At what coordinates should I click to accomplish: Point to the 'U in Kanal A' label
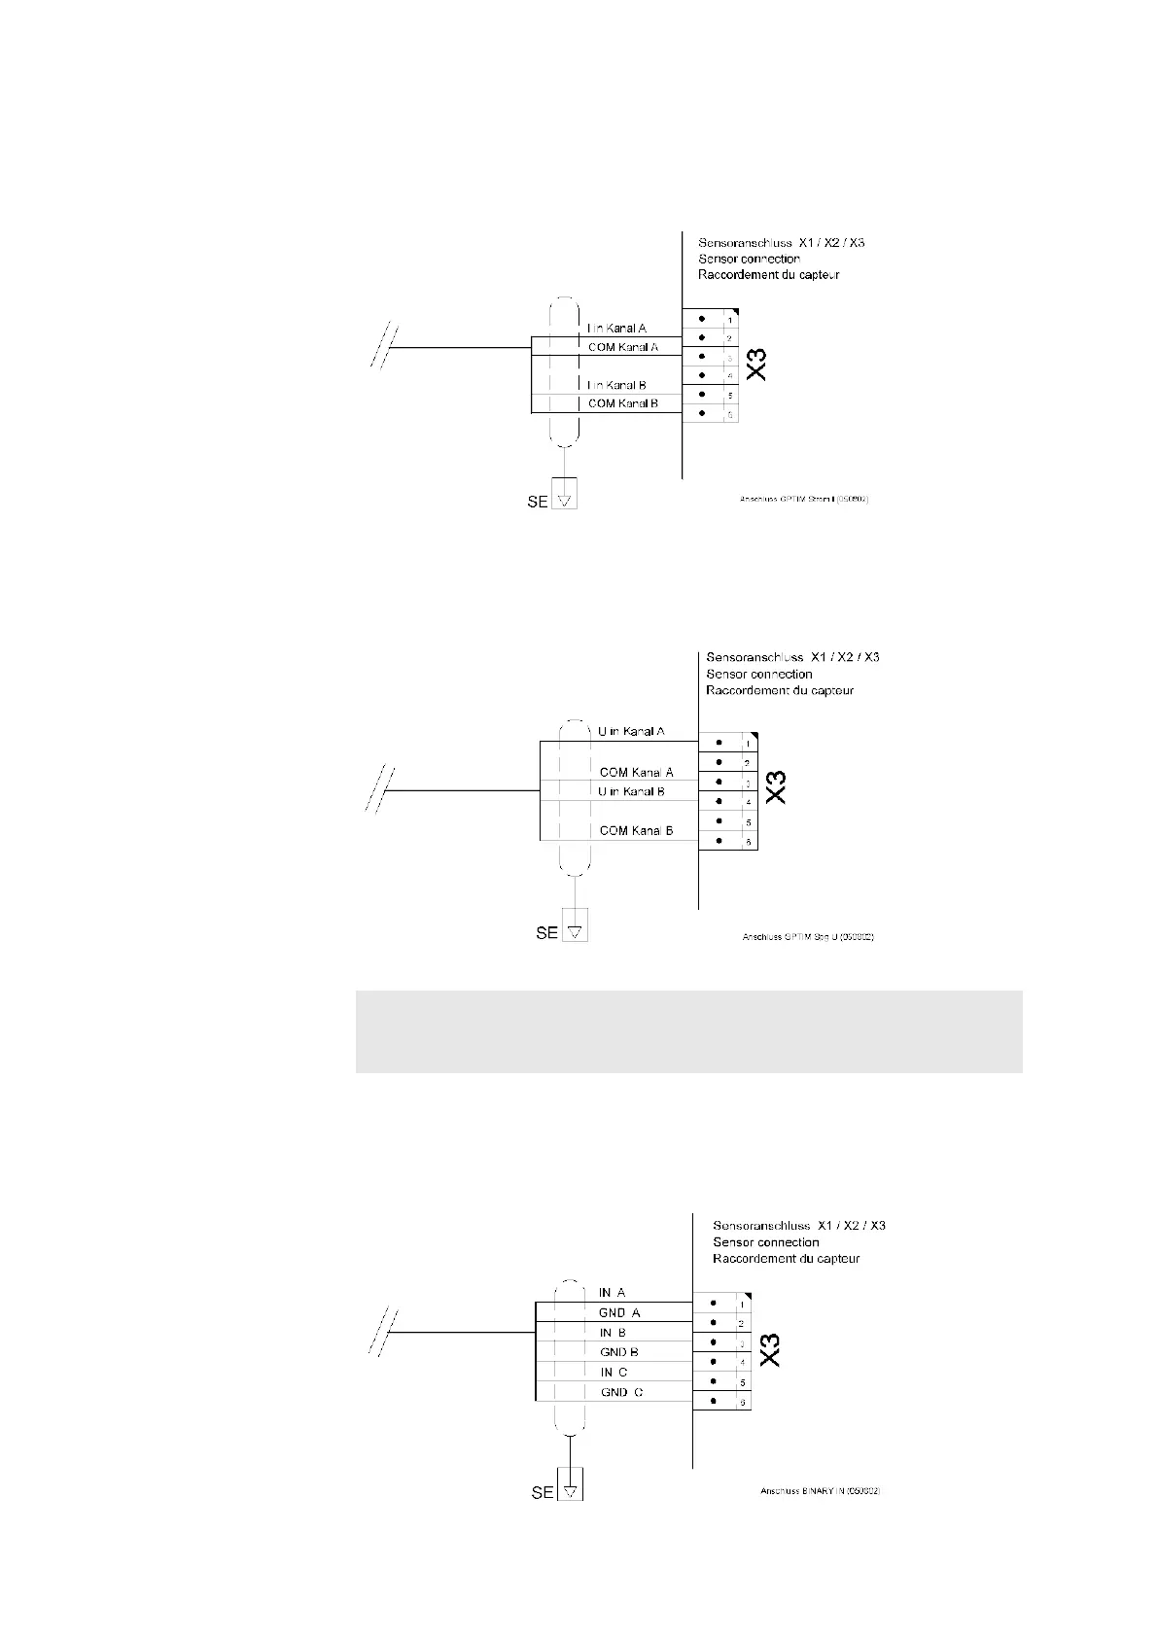click(631, 731)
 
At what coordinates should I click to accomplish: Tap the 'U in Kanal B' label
click(631, 791)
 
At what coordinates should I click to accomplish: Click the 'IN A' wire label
click(613, 1293)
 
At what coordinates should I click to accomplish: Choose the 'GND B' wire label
click(619, 1352)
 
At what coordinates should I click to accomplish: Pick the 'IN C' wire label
click(614, 1373)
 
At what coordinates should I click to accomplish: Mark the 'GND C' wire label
click(621, 1392)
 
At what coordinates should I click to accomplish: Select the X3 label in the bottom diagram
click(770, 1349)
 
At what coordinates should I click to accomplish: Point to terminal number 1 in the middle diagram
click(748, 744)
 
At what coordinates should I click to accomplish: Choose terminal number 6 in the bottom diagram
click(742, 1402)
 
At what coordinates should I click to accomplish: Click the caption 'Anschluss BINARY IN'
click(820, 1518)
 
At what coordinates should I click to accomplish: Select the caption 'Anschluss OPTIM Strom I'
click(804, 500)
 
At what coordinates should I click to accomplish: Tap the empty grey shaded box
click(688, 1031)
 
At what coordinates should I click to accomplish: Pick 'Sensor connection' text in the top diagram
click(749, 259)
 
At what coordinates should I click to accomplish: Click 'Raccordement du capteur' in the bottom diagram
click(786, 1258)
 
